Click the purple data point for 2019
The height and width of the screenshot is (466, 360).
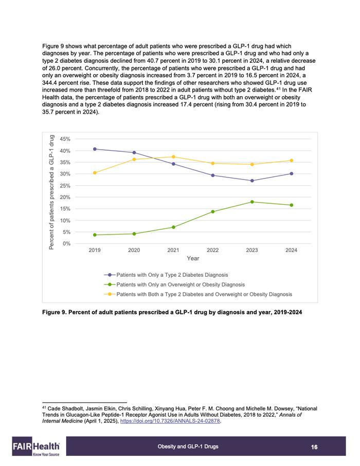95,149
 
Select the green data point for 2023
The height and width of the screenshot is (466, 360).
252,202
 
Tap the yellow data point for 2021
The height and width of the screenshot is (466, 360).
173,157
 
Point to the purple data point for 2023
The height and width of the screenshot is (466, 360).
252,181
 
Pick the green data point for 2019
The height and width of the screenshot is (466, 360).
95,235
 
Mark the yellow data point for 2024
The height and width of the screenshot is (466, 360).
291,160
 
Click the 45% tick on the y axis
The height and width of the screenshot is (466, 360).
65,139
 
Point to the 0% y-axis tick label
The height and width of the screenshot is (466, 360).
66,243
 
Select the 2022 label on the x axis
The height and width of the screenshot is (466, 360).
212,250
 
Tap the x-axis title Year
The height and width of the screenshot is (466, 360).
193,258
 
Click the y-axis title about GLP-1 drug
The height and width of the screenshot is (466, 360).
51,192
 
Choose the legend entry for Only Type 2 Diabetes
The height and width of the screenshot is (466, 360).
166,275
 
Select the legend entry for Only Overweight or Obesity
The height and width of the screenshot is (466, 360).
174,284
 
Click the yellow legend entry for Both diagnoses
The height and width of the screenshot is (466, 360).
198,294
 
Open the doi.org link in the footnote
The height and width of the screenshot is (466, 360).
170,421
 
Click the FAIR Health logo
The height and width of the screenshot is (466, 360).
36,446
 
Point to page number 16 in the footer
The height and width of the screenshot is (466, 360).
314,447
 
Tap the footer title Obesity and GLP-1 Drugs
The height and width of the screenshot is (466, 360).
188,446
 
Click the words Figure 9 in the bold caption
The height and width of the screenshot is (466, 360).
53,312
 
